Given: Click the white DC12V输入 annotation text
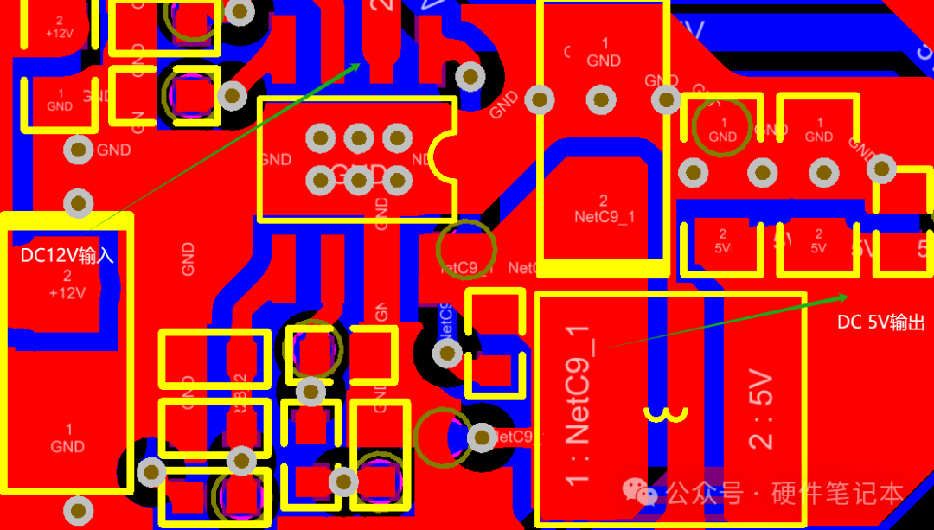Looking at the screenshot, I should (x=67, y=256).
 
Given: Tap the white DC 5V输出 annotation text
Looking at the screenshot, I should (x=881, y=322).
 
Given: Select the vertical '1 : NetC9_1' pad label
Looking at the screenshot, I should (x=577, y=405).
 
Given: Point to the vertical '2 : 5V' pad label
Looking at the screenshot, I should (x=760, y=409).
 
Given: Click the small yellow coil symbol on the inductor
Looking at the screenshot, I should (x=665, y=415).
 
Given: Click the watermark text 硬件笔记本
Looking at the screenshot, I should (x=837, y=494).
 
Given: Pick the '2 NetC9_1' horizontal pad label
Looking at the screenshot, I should (x=604, y=208).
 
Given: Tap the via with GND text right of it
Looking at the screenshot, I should (x=80, y=150).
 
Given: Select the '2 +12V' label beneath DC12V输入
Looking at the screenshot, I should (x=67, y=285).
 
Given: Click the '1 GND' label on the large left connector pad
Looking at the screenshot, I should (x=67, y=438).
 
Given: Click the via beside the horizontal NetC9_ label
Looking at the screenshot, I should (x=482, y=437).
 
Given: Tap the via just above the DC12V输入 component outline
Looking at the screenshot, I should (x=79, y=203).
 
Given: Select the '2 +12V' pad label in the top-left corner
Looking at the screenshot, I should (x=59, y=27).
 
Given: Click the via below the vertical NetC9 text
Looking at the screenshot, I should (x=446, y=353).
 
